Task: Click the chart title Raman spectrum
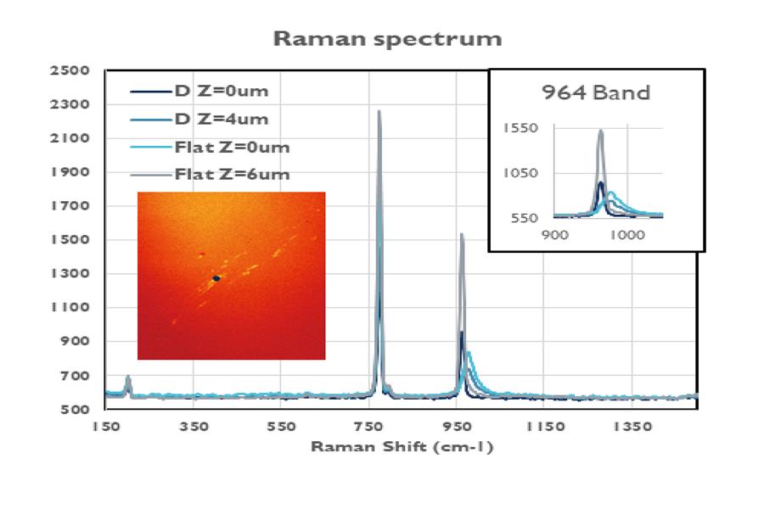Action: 387,39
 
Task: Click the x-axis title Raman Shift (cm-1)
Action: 402,447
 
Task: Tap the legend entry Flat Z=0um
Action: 232,147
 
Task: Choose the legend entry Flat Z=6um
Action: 232,175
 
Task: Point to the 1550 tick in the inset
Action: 520,128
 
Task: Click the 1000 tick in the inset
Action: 626,234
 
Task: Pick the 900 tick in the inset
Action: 554,234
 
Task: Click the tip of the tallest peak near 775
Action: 379,111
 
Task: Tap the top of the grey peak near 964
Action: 462,234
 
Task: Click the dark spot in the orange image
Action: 216,278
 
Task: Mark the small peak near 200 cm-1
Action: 128,377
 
